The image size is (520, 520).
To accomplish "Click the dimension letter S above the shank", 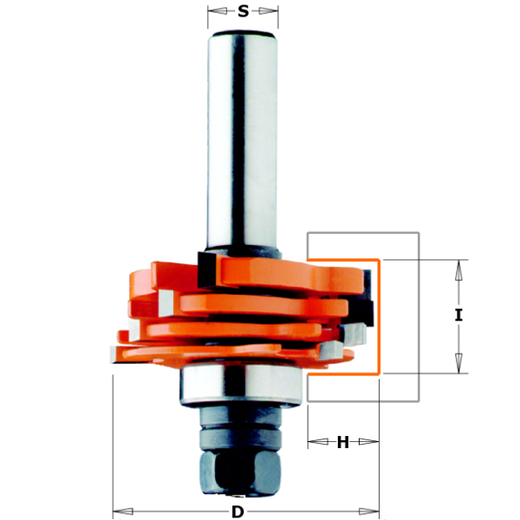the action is (243, 11).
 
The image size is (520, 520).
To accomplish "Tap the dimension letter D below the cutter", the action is (237, 512).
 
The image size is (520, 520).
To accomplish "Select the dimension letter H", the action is (343, 442).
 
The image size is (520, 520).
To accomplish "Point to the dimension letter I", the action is (458, 315).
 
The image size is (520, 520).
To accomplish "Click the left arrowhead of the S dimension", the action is (218, 11).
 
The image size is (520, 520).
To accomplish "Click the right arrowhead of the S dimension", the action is (269, 11).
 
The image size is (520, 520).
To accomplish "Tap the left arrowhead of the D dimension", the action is (123, 511).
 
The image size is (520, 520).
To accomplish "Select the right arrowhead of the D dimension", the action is (369, 511).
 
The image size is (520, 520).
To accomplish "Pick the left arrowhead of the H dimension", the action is (318, 441).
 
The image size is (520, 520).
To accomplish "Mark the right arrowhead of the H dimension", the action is (369, 441).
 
